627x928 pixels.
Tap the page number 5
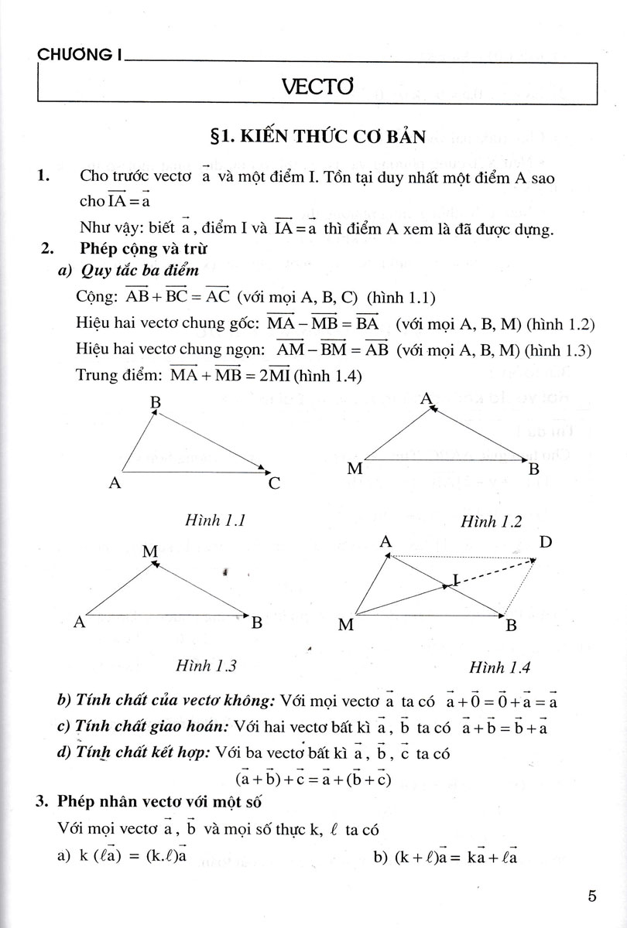click(592, 896)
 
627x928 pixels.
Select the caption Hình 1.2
click(492, 522)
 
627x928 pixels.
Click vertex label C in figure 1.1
click(274, 485)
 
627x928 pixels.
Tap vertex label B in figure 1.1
click(155, 402)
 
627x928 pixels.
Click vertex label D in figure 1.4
click(546, 542)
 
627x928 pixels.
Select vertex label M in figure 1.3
click(150, 551)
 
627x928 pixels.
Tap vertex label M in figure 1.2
click(355, 469)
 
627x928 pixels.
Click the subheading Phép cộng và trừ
click(142, 249)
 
